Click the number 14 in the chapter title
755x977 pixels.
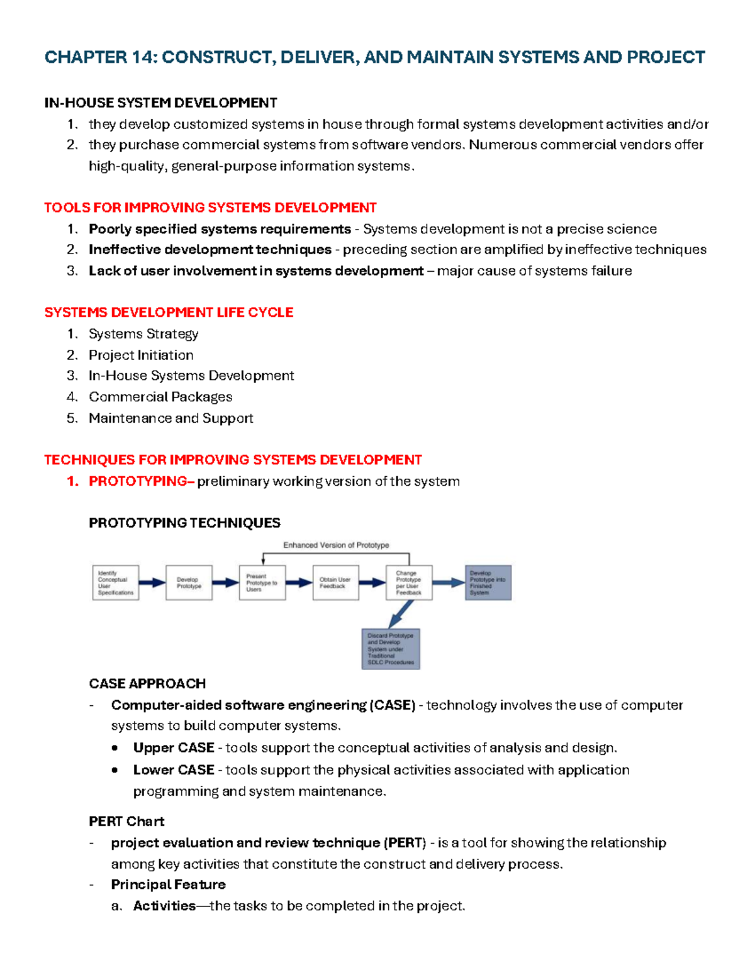point(142,57)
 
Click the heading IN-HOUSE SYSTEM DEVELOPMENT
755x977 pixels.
point(160,103)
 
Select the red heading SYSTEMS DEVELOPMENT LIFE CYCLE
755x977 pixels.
point(169,312)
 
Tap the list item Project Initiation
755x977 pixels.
point(141,355)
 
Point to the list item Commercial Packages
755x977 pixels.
point(160,397)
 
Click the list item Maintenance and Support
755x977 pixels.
point(171,418)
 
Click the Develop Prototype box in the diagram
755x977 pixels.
point(189,583)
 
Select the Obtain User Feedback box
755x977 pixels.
point(335,583)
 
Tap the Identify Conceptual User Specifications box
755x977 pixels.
point(115,583)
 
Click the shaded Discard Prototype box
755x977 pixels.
point(391,649)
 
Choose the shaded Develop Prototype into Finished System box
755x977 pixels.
point(488,583)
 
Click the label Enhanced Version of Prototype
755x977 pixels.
point(336,545)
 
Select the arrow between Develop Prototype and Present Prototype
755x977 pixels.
point(225,583)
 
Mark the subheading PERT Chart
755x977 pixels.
point(126,821)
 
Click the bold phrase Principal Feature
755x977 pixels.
point(168,885)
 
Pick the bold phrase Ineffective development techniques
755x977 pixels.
point(210,250)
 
